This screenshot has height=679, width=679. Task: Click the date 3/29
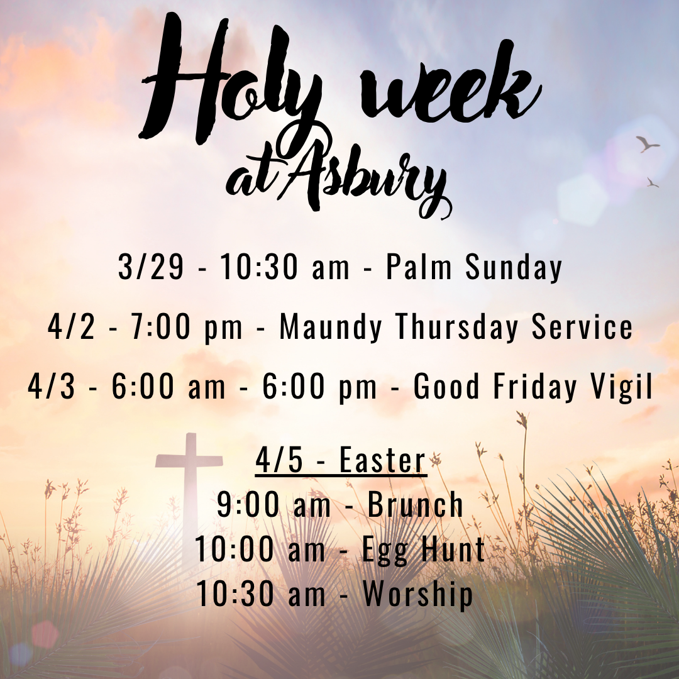pyautogui.click(x=151, y=268)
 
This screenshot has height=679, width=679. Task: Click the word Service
pyautogui.click(x=582, y=328)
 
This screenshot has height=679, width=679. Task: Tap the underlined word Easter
pyautogui.click(x=383, y=461)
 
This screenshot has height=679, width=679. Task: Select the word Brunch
pyautogui.click(x=416, y=505)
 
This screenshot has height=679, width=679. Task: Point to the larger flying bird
pyautogui.click(x=647, y=144)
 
